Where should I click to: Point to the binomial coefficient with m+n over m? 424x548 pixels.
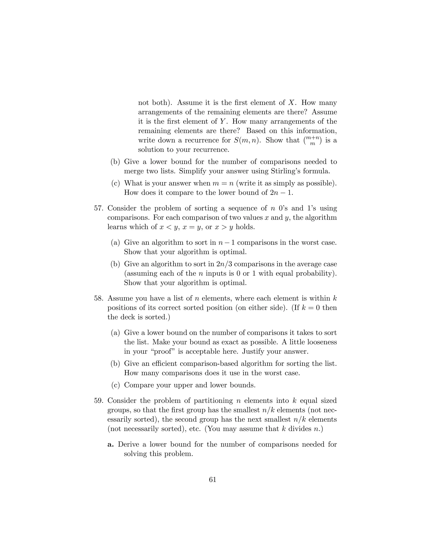(312, 140)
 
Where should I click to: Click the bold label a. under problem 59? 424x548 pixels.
(111, 445)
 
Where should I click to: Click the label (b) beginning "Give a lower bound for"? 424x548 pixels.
(116, 162)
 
